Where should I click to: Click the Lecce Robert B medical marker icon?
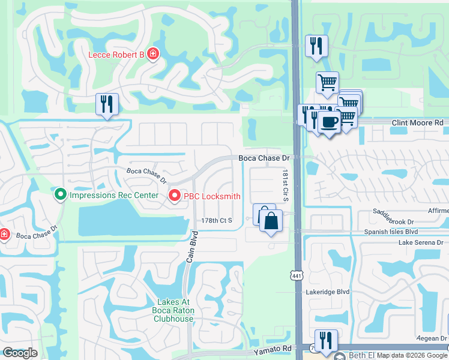(x=153, y=55)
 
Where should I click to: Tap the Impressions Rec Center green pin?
(x=59, y=195)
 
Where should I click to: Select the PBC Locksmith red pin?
(x=174, y=196)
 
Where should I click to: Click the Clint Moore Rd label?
(x=417, y=122)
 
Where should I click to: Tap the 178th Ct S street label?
(x=217, y=221)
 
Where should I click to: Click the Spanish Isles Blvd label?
(x=390, y=231)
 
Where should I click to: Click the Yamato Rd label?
(x=271, y=348)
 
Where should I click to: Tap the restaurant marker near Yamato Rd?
(x=326, y=340)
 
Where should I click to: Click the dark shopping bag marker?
(x=271, y=220)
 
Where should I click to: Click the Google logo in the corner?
(x=20, y=353)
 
